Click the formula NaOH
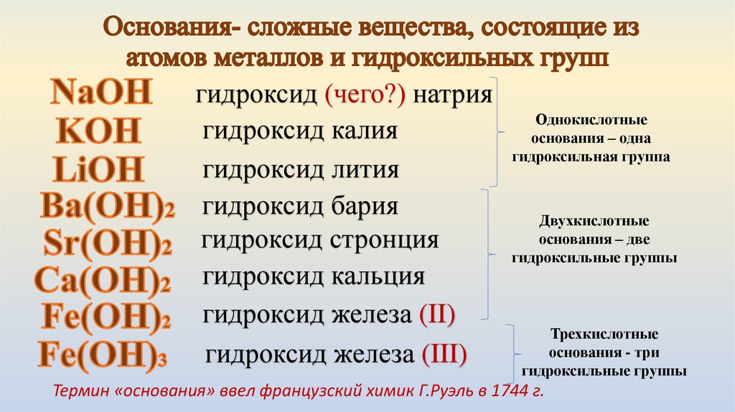[101, 94]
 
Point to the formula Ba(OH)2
[108, 207]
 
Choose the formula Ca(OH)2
[103, 281]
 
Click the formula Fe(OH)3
[103, 355]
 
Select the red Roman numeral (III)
[444, 354]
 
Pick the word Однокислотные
[591, 118]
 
